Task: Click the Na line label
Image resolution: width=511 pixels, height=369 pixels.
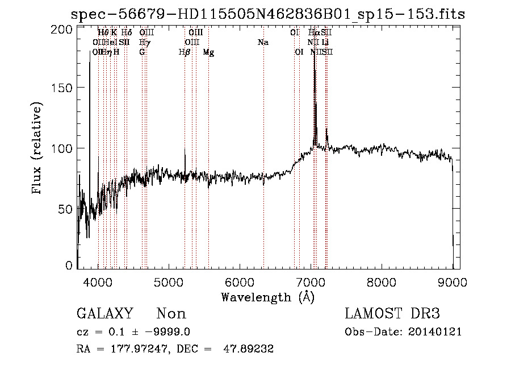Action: [x=262, y=42]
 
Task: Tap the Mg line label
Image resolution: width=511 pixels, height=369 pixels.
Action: [x=208, y=52]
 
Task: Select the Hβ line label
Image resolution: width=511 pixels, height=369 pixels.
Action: [x=184, y=52]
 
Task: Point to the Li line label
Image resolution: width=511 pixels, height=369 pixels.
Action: [x=325, y=42]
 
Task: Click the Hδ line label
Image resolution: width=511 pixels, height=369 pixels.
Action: [x=127, y=32]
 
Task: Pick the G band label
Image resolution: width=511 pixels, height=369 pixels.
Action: [x=142, y=52]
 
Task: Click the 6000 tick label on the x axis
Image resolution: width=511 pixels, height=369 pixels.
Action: [x=240, y=282]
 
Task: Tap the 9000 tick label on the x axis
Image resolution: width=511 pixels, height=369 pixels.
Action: [x=452, y=282]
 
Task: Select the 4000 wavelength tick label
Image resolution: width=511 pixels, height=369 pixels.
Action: [x=98, y=282]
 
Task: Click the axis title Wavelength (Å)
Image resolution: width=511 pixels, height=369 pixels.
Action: [x=267, y=297]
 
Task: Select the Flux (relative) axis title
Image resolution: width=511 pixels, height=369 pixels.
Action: [x=38, y=148]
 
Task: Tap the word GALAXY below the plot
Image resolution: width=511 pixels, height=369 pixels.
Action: [x=104, y=314]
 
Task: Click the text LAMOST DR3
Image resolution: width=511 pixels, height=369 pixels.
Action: [x=392, y=314]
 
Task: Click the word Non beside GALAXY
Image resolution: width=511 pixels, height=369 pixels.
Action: [x=171, y=314]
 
